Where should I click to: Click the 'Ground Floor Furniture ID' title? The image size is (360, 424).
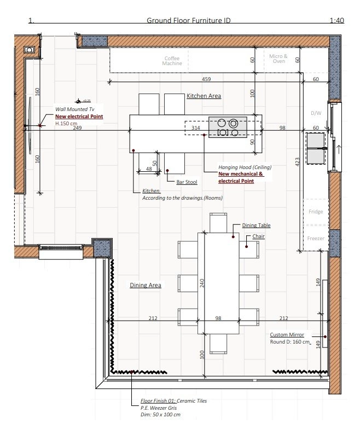188,21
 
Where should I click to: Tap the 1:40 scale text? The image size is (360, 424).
337,21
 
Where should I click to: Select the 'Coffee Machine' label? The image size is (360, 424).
172,61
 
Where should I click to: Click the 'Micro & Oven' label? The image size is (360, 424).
278,59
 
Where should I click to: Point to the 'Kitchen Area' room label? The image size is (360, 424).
204,96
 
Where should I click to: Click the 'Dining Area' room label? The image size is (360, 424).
146,285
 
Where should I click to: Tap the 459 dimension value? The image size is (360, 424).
206,79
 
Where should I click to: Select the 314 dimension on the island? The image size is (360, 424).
195,128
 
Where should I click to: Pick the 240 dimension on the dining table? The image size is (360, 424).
201,283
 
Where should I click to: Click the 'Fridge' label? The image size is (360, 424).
315,212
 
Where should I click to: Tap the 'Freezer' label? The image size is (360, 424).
315,239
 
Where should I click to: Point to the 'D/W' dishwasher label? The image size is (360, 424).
316,113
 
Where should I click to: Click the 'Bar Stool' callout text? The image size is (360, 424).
187,182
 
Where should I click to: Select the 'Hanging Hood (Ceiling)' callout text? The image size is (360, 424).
245,167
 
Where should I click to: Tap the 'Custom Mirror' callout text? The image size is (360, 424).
287,335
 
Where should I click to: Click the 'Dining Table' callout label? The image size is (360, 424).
256,225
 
